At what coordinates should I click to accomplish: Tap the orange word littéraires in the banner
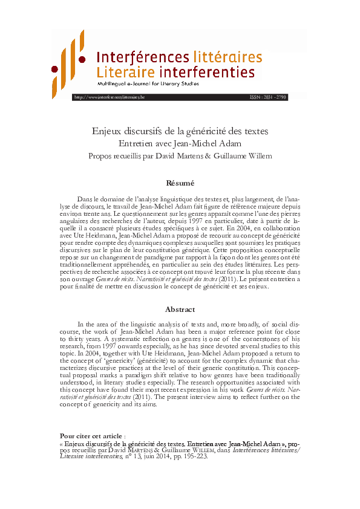tap(227, 57)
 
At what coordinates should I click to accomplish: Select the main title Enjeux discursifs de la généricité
tap(180, 131)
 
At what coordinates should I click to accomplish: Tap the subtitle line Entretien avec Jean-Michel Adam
tap(180, 143)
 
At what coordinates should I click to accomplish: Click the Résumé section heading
tap(180, 183)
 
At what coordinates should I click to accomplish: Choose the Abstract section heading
tap(180, 309)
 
